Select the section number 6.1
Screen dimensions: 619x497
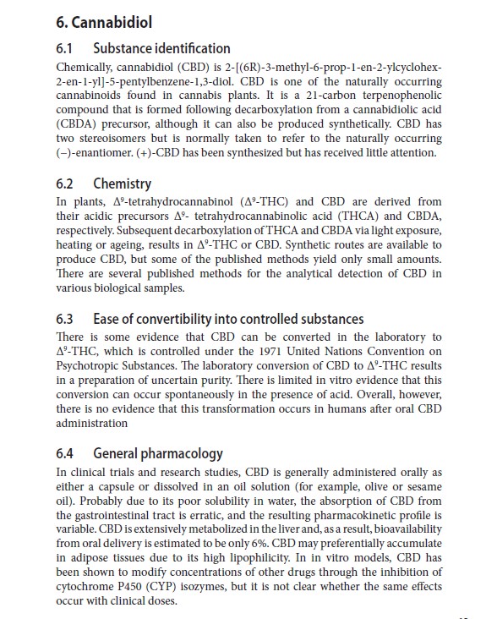67,48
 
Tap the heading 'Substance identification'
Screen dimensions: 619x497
161,48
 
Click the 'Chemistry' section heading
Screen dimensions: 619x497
123,184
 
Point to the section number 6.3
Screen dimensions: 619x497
68,319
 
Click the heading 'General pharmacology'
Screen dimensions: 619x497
158,454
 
